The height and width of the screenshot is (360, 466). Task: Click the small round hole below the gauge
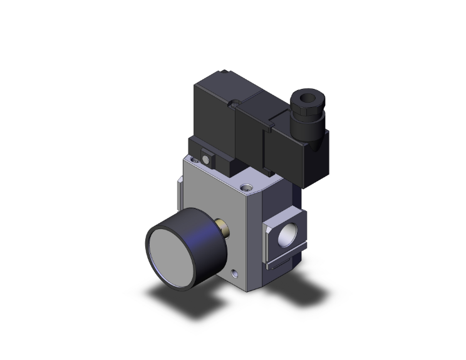click(x=234, y=273)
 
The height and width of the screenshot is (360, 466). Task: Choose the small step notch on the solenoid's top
click(x=253, y=98)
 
